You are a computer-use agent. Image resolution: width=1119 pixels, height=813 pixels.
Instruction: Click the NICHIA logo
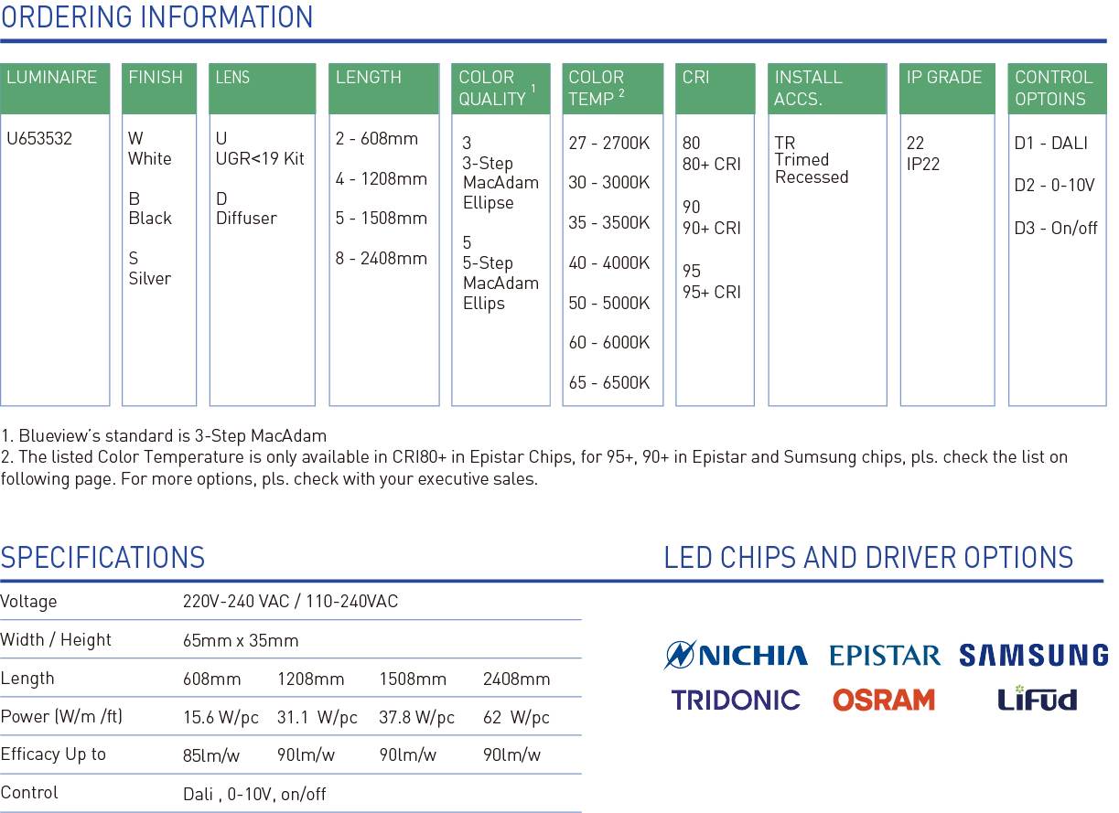point(736,654)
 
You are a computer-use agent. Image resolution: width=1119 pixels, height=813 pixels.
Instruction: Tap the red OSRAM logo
point(884,700)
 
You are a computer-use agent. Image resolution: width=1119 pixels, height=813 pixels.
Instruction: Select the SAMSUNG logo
point(1034,655)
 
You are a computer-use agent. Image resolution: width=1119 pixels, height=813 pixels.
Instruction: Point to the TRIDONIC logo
point(736,700)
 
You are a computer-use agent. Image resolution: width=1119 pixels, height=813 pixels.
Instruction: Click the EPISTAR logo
point(885,655)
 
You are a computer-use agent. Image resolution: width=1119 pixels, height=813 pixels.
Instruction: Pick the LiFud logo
point(1037,698)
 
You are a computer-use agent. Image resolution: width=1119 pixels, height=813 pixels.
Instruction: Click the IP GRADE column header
point(944,78)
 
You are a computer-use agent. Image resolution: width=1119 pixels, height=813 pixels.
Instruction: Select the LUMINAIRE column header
point(51,78)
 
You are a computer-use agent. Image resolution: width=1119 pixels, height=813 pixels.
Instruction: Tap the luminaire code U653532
point(39,138)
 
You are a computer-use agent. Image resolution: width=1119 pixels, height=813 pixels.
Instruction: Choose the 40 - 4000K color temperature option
point(609,262)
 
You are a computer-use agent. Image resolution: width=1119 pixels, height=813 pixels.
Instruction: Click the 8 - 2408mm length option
point(382,258)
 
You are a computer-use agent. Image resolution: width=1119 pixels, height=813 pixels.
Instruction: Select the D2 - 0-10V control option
point(1054,186)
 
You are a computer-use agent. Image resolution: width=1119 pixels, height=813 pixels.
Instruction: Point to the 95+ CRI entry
point(711,292)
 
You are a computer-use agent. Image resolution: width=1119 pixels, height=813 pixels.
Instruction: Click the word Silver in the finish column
point(150,278)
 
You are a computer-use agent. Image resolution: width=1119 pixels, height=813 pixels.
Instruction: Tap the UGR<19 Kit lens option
point(260,159)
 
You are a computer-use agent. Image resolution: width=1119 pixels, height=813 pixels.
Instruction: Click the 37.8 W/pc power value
point(416,717)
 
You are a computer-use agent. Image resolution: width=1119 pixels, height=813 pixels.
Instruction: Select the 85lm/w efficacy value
point(211,755)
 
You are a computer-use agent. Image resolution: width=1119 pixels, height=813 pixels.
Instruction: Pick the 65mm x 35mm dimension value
point(241,640)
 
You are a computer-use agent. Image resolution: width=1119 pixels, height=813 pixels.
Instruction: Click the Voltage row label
point(28,601)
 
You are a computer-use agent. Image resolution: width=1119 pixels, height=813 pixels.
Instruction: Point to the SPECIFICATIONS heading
point(102,557)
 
